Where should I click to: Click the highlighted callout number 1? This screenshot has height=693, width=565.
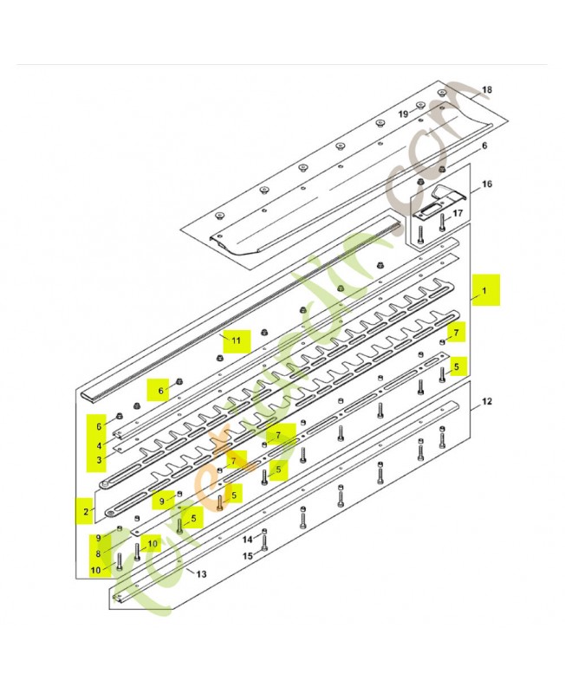click(x=485, y=291)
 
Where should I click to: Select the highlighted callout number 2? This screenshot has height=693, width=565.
click(x=85, y=512)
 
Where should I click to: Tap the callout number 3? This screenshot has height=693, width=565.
click(x=100, y=459)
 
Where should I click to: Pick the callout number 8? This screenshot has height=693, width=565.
click(x=98, y=554)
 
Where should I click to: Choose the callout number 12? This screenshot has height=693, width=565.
click(x=486, y=401)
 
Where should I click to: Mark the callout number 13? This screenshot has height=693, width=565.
click(x=201, y=573)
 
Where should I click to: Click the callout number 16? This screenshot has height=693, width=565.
click(x=487, y=185)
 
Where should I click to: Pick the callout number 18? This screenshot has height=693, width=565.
click(x=486, y=90)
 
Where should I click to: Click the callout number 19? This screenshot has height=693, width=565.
click(x=403, y=113)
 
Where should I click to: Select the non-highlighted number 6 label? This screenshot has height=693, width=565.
click(x=485, y=146)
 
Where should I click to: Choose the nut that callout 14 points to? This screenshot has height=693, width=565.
click(x=263, y=531)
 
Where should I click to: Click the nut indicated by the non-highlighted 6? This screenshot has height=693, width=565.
click(x=443, y=167)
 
